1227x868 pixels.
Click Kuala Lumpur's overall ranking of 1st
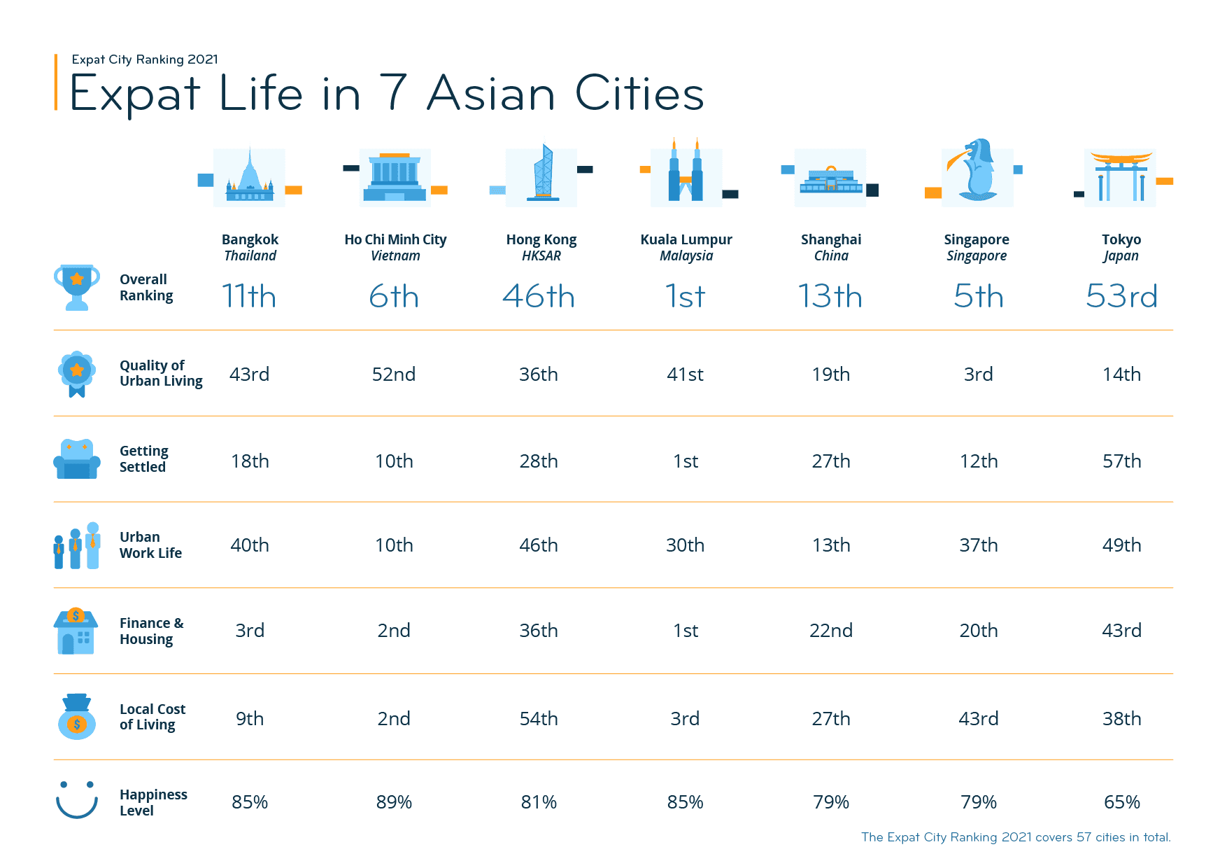click(685, 296)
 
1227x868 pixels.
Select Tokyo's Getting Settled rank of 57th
click(1121, 461)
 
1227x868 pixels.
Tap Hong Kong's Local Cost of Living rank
click(539, 719)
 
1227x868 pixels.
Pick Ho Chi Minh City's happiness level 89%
click(394, 802)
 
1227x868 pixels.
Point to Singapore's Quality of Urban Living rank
click(978, 374)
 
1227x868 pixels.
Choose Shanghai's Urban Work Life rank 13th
click(831, 545)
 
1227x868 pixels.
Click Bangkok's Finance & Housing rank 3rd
click(250, 631)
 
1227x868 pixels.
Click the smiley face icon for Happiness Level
click(77, 799)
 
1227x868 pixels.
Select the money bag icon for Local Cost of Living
click(76, 717)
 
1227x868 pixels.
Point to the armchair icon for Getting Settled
click(76, 459)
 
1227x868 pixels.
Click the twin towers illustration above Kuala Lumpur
click(686, 172)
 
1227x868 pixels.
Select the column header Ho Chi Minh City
click(395, 239)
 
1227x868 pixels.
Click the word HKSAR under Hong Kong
click(541, 256)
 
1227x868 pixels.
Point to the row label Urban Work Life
click(150, 545)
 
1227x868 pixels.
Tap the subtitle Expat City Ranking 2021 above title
click(145, 59)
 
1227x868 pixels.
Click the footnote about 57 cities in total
click(1016, 837)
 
